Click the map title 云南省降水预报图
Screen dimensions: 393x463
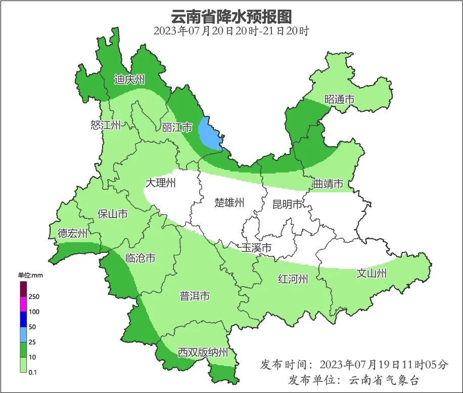click(231, 16)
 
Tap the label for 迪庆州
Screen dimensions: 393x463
click(129, 79)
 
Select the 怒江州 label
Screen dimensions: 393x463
click(106, 125)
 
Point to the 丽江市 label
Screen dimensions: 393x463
click(177, 127)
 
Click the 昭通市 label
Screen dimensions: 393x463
click(339, 100)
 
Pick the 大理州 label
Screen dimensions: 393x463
click(160, 183)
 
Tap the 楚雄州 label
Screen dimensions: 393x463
click(229, 203)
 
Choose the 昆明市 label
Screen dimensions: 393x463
click(287, 204)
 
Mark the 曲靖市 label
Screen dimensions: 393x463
click(328, 184)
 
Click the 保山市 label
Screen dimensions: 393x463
click(113, 214)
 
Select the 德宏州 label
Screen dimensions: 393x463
click(72, 233)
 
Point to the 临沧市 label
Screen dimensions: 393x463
click(140, 258)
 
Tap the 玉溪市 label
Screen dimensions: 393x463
click(256, 248)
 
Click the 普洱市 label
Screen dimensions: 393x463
click(195, 296)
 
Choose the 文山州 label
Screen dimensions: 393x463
click(372, 274)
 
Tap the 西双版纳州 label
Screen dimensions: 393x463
click(203, 353)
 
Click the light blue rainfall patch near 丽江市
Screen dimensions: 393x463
click(209, 133)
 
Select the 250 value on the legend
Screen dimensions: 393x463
click(34, 296)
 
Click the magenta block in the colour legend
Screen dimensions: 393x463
click(23, 304)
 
